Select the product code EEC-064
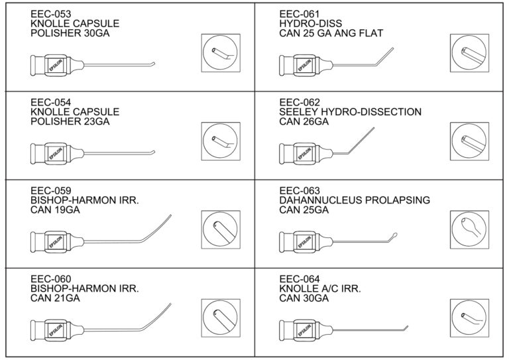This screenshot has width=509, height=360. click(299, 278)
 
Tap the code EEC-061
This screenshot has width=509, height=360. click(299, 13)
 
